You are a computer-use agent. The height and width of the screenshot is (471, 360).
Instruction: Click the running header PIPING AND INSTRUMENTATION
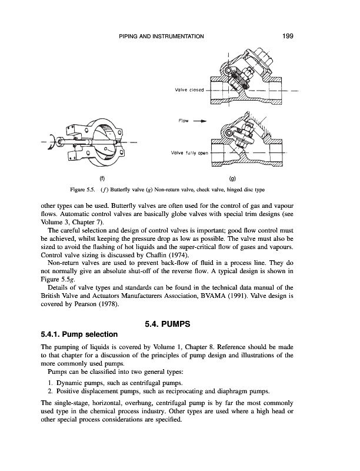click(162, 37)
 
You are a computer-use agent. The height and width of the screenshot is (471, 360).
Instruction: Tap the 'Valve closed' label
click(189, 90)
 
